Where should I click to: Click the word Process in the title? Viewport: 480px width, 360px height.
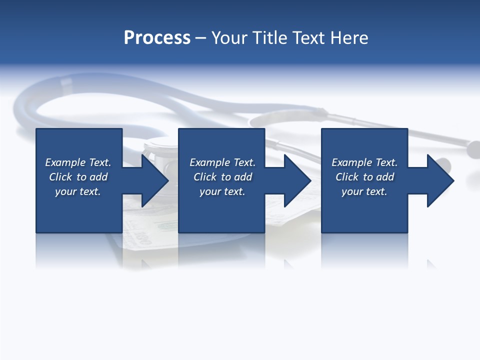157,38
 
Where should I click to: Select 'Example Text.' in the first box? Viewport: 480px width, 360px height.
78,162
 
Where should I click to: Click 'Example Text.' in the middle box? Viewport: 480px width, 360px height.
222,162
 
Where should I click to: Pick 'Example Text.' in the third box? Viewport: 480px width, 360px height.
364,162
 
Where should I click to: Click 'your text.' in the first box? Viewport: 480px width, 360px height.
78,191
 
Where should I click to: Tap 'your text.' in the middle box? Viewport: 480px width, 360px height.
222,191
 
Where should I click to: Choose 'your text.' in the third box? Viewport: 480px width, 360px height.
364,191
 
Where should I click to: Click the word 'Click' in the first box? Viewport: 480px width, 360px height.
60,177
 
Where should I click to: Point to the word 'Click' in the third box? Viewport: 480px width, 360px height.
347,177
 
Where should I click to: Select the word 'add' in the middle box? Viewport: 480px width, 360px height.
243,177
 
